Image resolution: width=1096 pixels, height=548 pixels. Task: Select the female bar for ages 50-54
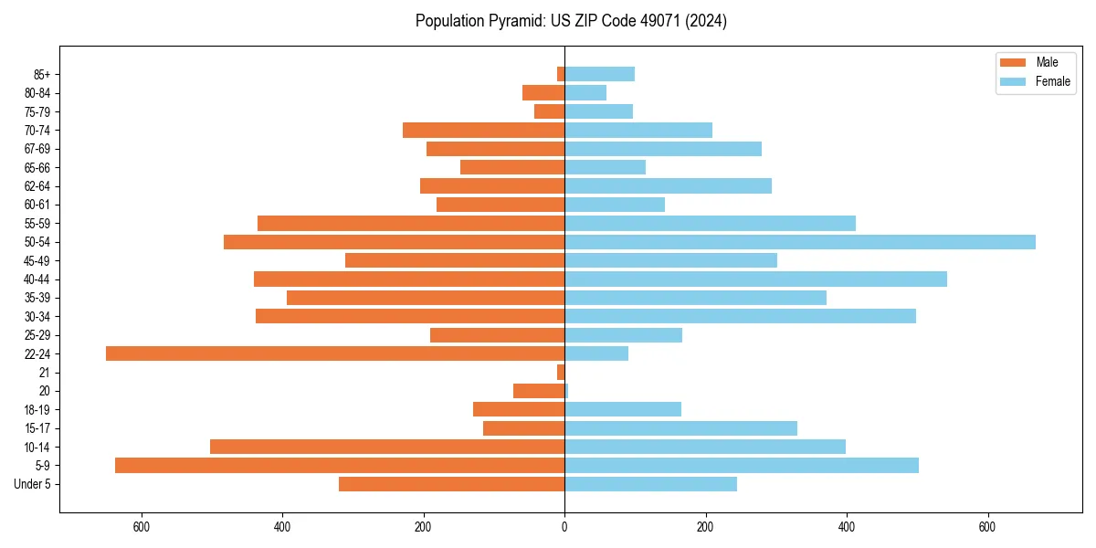pyautogui.click(x=800, y=242)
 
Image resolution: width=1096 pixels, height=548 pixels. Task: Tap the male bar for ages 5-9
pyautogui.click(x=340, y=465)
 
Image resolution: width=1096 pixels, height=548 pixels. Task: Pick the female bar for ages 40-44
pyautogui.click(x=755, y=279)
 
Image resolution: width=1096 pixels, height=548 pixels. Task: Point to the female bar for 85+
pyautogui.click(x=599, y=74)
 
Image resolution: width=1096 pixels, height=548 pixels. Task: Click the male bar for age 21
pyautogui.click(x=561, y=373)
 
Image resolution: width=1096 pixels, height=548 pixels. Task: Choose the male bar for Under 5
pyautogui.click(x=451, y=484)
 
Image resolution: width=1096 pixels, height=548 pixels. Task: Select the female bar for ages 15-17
pyautogui.click(x=680, y=428)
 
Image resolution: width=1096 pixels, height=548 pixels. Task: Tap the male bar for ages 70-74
pyautogui.click(x=483, y=131)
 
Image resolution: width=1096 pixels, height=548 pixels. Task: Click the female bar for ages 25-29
pyautogui.click(x=623, y=335)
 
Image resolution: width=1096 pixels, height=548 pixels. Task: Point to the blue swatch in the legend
pyautogui.click(x=1013, y=81)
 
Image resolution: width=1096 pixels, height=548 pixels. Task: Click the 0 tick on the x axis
pyautogui.click(x=564, y=527)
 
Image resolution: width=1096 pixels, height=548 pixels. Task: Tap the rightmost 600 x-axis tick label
pyautogui.click(x=987, y=527)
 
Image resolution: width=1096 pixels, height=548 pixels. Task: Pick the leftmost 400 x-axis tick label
pyautogui.click(x=282, y=527)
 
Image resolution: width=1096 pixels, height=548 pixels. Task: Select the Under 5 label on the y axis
pyautogui.click(x=33, y=484)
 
